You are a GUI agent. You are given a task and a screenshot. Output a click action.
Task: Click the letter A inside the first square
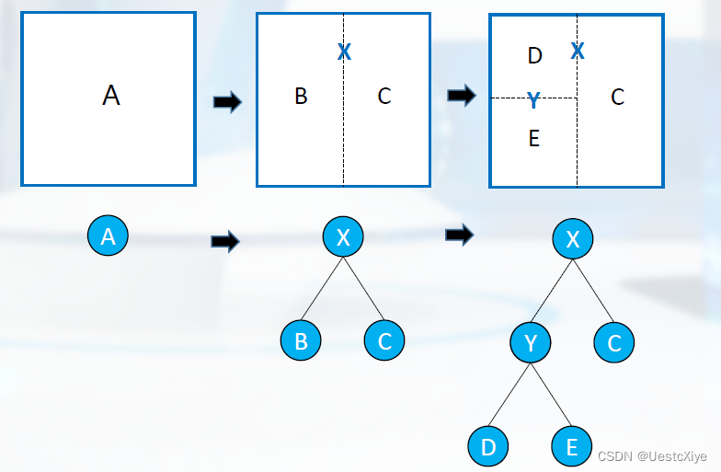pyautogui.click(x=111, y=95)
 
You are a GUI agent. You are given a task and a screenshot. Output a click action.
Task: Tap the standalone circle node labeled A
pyautogui.click(x=108, y=237)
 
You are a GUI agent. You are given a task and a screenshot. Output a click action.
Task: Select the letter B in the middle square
pyautogui.click(x=301, y=96)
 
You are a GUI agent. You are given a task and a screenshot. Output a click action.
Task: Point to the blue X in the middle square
pyautogui.click(x=344, y=52)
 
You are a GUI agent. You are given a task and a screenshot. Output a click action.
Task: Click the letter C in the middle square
pyautogui.click(x=384, y=96)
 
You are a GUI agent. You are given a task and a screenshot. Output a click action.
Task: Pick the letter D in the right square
pyautogui.click(x=535, y=56)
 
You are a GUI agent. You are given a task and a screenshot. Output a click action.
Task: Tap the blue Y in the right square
pyautogui.click(x=533, y=100)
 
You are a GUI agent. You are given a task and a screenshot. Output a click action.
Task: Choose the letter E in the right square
pyautogui.click(x=534, y=139)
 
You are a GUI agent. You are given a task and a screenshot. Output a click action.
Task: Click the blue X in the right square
pyautogui.click(x=578, y=51)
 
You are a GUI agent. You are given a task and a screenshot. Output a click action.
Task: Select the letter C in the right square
pyautogui.click(x=617, y=96)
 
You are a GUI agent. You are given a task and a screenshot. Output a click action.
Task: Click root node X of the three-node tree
pyautogui.click(x=343, y=238)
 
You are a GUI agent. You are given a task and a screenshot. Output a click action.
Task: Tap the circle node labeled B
pyautogui.click(x=301, y=340)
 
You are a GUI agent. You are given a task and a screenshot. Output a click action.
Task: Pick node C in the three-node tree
pyautogui.click(x=384, y=340)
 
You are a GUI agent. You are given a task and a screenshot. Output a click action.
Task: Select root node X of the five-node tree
pyautogui.click(x=573, y=240)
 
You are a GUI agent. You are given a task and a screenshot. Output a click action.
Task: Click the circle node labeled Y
pyautogui.click(x=531, y=343)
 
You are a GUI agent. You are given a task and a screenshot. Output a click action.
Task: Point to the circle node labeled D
pyautogui.click(x=488, y=447)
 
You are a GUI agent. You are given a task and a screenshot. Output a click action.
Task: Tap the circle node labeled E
pyautogui.click(x=572, y=447)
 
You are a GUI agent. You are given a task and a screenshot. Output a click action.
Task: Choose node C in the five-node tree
pyautogui.click(x=614, y=343)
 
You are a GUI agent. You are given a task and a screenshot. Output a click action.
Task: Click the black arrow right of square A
pyautogui.click(x=226, y=102)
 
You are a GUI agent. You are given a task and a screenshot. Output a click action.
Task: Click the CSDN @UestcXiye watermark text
pyautogui.click(x=653, y=456)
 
